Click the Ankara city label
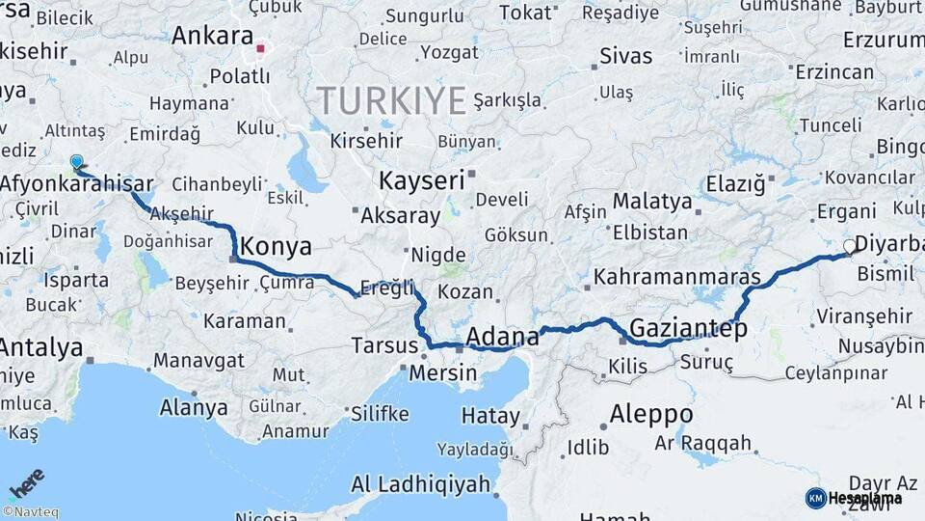212,37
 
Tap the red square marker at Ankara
260,45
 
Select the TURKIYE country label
392,99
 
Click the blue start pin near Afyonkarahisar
76,162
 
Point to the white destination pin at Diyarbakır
850,247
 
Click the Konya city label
276,247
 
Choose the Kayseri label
421,180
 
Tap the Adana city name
502,337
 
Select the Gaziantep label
688,329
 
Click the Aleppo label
651,415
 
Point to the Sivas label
625,56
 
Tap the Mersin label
443,372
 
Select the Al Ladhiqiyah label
421,484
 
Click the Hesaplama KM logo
854,498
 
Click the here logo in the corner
26,483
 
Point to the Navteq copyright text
30,512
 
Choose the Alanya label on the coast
194,407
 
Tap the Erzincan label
834,72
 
